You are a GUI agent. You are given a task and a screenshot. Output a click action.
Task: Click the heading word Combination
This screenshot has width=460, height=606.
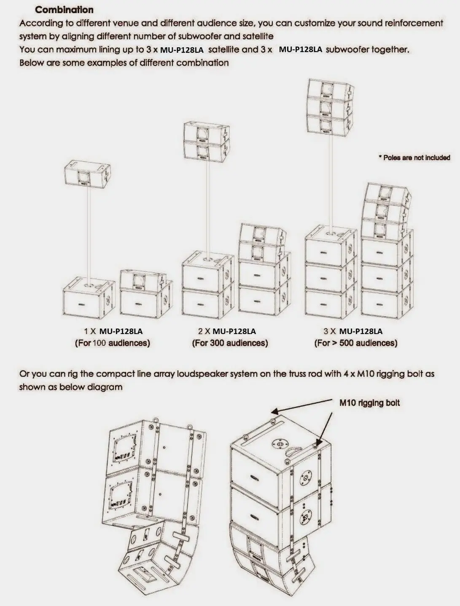[x=64, y=10]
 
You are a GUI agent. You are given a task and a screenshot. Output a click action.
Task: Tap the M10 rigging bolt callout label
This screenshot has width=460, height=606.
[x=369, y=403]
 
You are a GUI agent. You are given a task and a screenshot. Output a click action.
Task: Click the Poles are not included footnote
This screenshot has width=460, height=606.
[x=414, y=158]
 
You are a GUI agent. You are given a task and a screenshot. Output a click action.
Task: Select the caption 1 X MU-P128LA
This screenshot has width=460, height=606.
[x=113, y=331]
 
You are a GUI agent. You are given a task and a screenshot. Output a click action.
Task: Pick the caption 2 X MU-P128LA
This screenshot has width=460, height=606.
[x=227, y=331]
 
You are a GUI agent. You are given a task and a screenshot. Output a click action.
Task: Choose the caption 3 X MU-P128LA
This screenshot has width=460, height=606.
[x=353, y=331]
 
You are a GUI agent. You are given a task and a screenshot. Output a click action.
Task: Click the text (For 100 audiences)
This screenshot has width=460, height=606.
[x=113, y=343]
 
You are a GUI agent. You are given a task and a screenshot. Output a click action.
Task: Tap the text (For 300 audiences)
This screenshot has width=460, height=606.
[x=230, y=343]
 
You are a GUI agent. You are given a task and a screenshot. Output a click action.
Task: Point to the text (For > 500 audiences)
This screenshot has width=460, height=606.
[x=356, y=343]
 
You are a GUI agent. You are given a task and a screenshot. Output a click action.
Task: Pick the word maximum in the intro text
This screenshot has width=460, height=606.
[x=73, y=50]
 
